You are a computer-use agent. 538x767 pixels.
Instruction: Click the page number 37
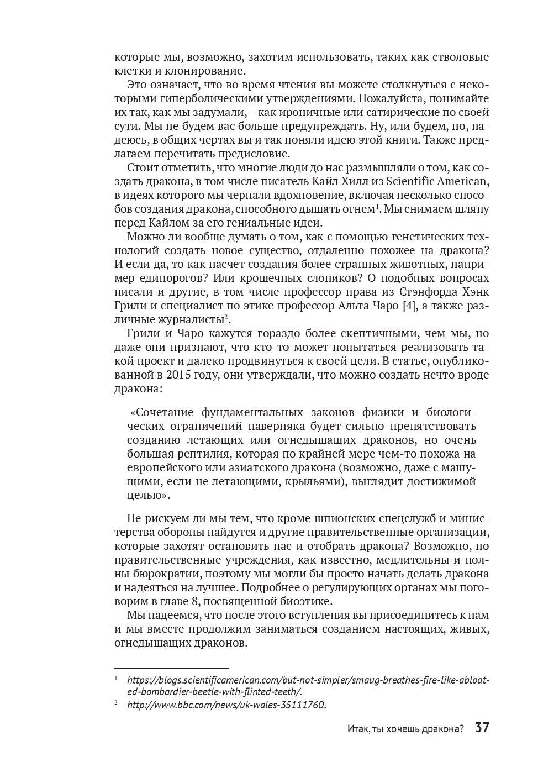coord(482,727)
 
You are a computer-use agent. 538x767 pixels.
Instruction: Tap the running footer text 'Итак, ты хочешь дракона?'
coord(405,728)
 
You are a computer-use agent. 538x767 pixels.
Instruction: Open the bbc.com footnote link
coord(226,705)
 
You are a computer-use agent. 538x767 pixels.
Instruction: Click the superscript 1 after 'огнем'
coord(378,206)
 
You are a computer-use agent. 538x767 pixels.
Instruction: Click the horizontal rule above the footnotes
coord(171,669)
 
